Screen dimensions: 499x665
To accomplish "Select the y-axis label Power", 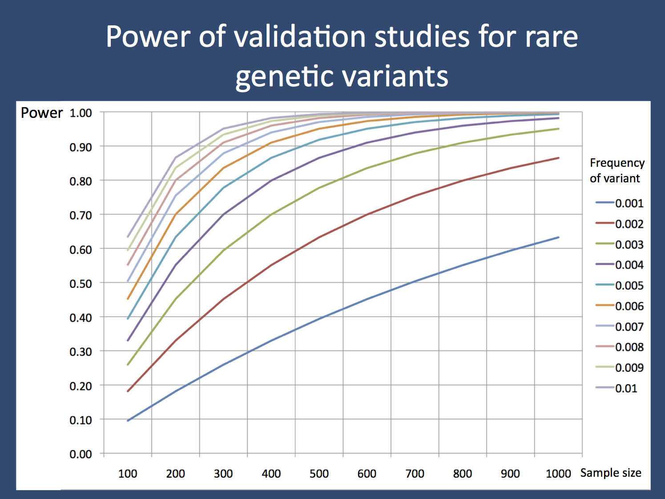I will click(42, 113).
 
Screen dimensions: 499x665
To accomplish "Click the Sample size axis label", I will click(610, 473).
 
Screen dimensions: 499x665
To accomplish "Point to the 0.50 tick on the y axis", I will click(81, 283).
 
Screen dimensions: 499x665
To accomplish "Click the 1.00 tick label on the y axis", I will click(81, 113).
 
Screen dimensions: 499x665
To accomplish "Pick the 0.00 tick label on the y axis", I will click(81, 454).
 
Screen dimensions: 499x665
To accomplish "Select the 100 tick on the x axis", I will click(128, 474).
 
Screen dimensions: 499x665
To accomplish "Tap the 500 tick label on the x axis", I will click(319, 474).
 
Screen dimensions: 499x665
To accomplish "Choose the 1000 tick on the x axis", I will click(558, 474).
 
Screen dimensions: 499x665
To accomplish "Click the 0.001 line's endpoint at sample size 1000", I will click(558, 237).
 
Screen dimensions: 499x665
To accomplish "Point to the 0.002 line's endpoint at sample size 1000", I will click(558, 158).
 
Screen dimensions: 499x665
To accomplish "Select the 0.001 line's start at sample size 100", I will click(128, 420).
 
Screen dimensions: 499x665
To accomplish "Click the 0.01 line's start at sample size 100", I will click(128, 237).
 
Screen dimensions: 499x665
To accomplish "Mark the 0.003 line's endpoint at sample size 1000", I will click(558, 129).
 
